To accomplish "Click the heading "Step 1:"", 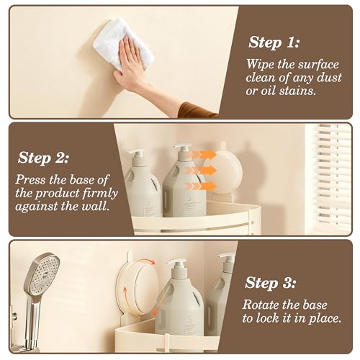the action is [274, 42].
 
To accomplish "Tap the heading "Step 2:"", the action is [43, 158].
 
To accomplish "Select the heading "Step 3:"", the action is [270, 283].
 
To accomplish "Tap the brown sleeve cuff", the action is [197, 110].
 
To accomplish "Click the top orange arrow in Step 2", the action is [201, 154].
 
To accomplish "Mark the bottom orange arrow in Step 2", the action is [201, 186].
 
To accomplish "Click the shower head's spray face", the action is [45, 275].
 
